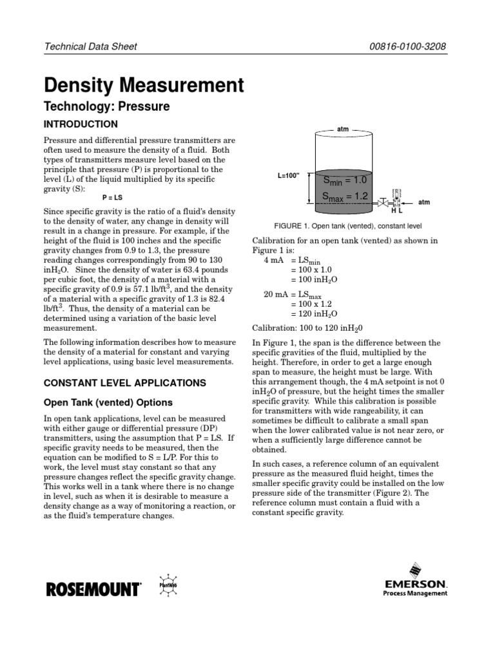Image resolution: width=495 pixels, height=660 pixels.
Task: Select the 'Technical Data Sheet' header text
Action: pos(90,47)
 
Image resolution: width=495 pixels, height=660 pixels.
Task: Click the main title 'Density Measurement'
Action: pos(143,85)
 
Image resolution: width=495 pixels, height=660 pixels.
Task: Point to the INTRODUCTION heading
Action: pos(81,124)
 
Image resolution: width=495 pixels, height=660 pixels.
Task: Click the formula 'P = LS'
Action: pos(114,198)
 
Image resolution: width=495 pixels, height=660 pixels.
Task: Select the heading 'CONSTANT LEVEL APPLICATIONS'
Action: pos(124,383)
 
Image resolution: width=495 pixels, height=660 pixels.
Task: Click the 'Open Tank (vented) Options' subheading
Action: pos(108,403)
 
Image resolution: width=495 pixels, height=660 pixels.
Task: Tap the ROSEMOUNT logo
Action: pos(93,588)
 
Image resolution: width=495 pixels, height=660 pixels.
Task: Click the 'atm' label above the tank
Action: pos(343,129)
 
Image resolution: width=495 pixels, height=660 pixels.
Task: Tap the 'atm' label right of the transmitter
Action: pos(424,202)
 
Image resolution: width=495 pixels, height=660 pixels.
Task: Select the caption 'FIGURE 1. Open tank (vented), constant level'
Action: pos(347,227)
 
